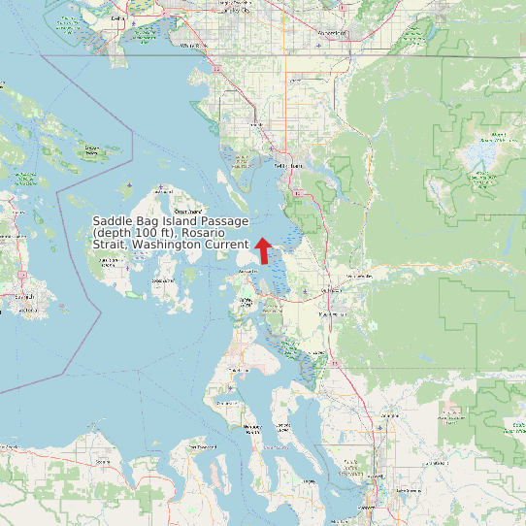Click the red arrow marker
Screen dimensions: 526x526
262,249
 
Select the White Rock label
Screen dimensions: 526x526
193,45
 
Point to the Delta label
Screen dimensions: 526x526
118,18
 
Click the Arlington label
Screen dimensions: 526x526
390,414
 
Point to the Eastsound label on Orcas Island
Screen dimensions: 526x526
186,212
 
